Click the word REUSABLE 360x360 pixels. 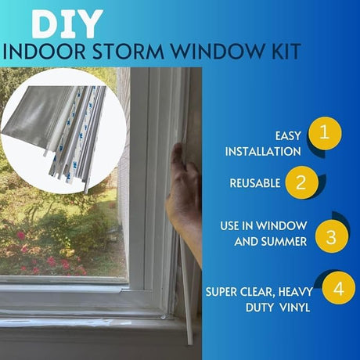click(255, 183)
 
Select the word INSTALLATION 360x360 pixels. click(265, 152)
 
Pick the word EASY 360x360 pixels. click(286, 134)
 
